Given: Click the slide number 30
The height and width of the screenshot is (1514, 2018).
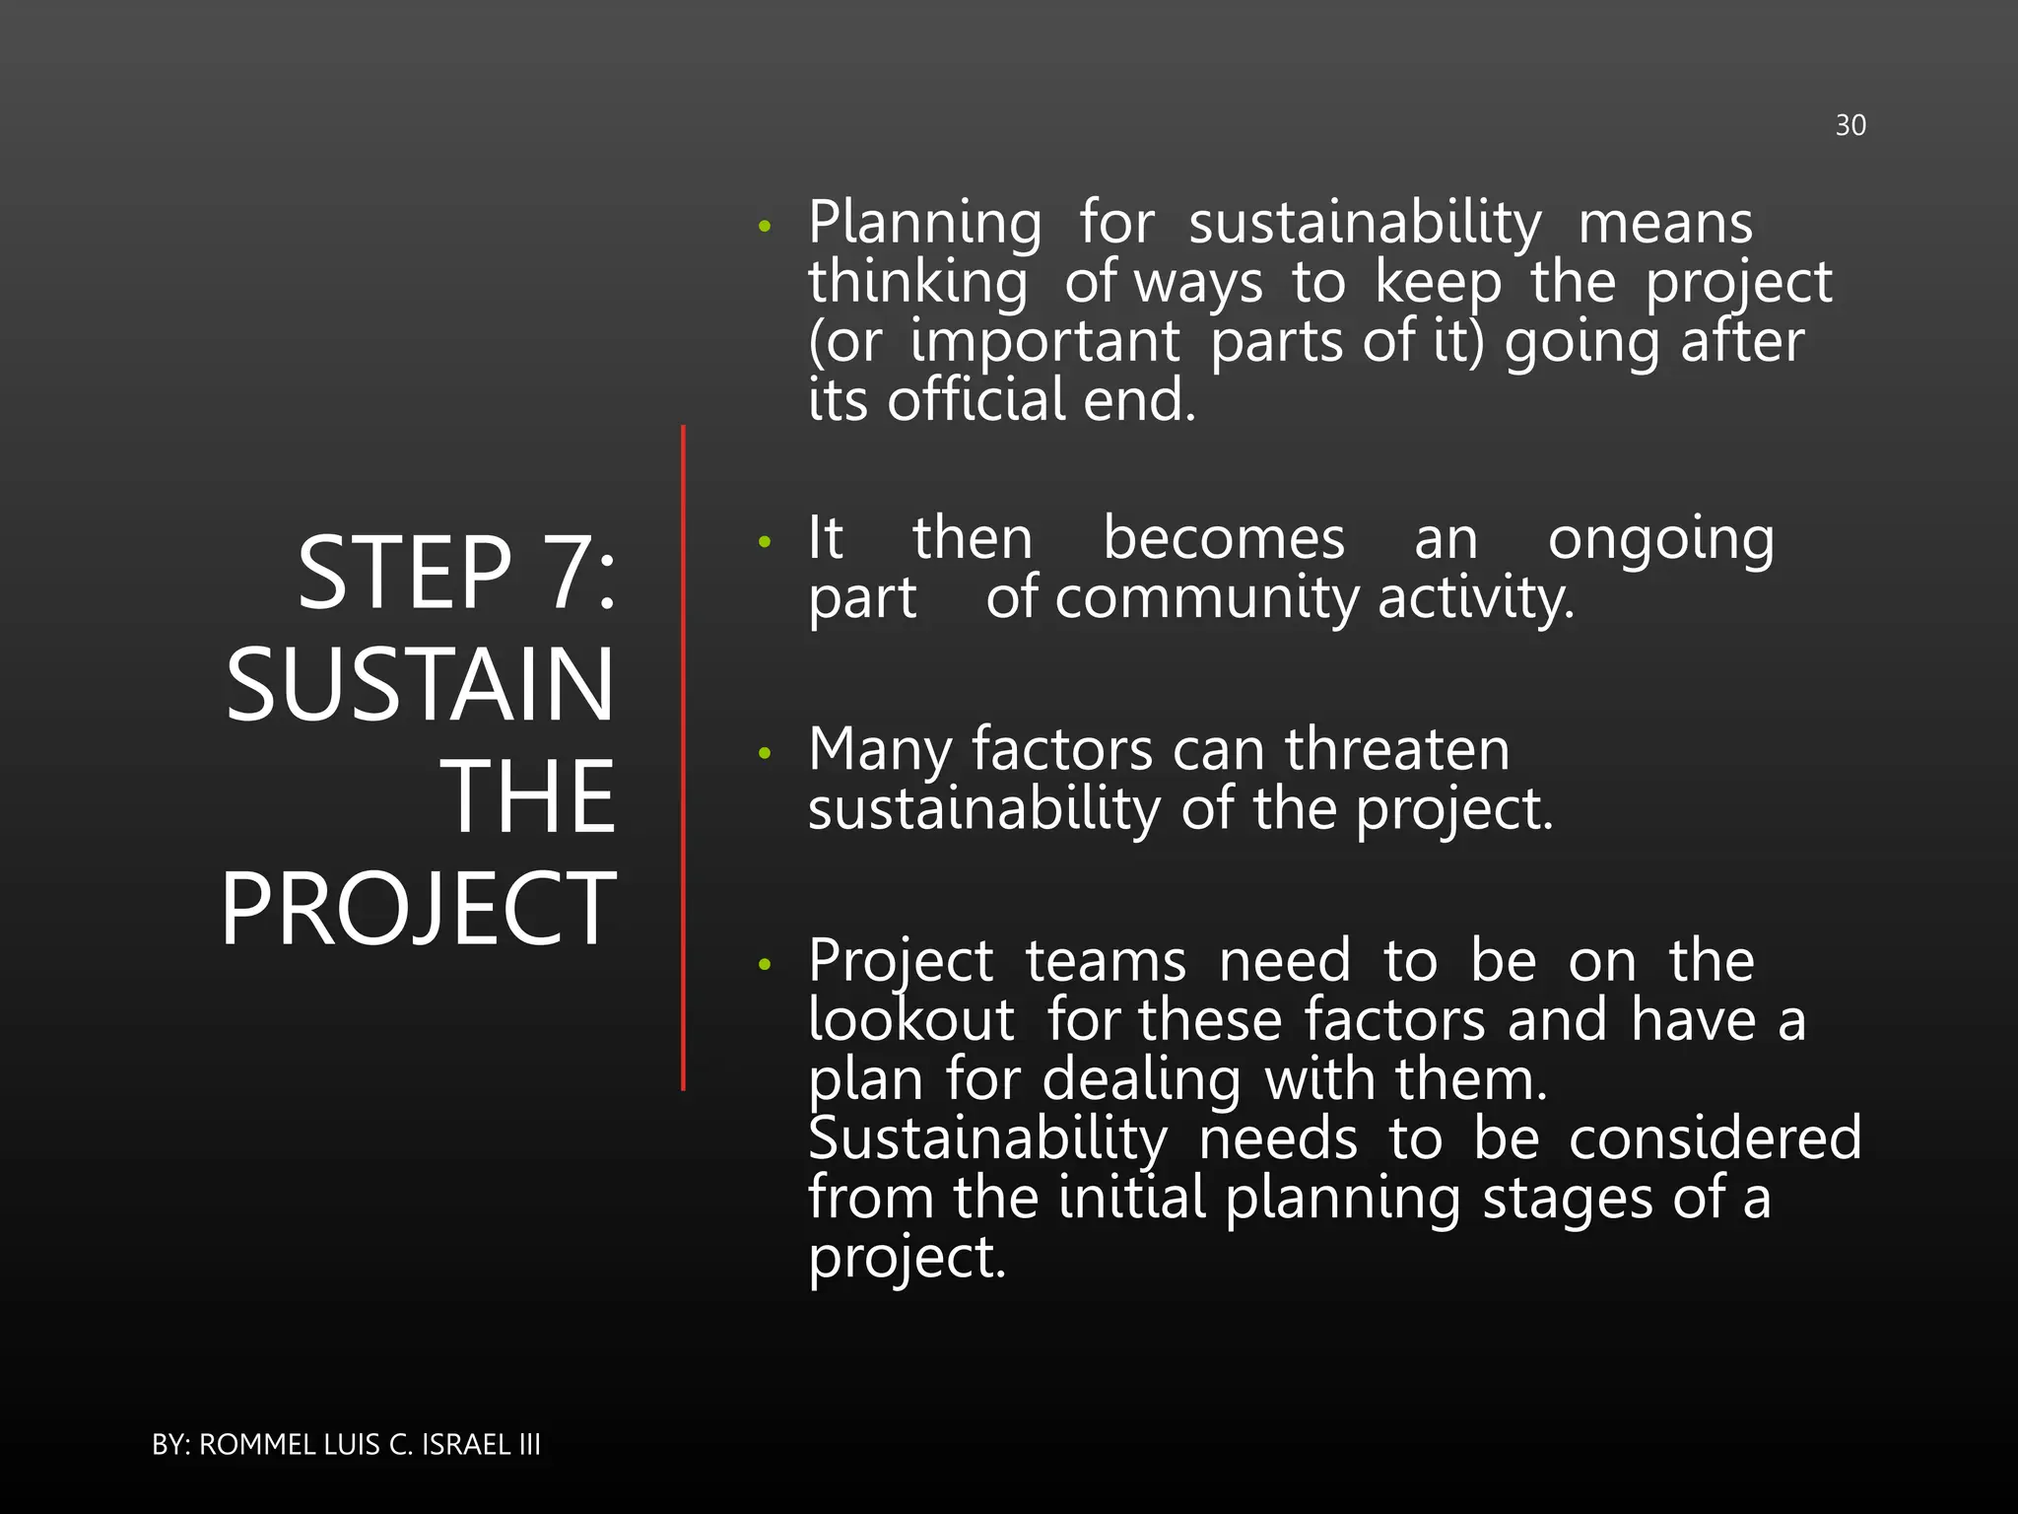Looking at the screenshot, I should click(x=1850, y=125).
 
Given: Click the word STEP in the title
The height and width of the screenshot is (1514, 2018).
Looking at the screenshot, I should click(x=405, y=573).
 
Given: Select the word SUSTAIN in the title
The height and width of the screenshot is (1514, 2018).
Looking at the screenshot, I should click(x=421, y=684).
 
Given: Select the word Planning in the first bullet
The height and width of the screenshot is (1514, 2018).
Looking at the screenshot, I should click(x=924, y=224).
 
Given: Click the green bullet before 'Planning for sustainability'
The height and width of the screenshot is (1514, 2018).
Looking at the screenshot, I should click(x=765, y=228).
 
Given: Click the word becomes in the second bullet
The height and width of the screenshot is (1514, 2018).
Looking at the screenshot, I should click(x=1223, y=539).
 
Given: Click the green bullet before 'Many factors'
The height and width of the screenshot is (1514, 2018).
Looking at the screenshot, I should click(x=765, y=754).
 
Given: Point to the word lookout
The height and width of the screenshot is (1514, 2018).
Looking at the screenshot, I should click(x=910, y=1020).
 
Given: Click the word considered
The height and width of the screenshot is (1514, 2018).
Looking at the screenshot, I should click(x=1715, y=1138).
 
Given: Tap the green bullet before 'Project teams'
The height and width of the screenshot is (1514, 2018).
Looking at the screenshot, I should click(x=765, y=965).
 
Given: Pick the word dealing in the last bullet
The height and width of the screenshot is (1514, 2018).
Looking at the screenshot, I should click(x=1141, y=1080).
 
